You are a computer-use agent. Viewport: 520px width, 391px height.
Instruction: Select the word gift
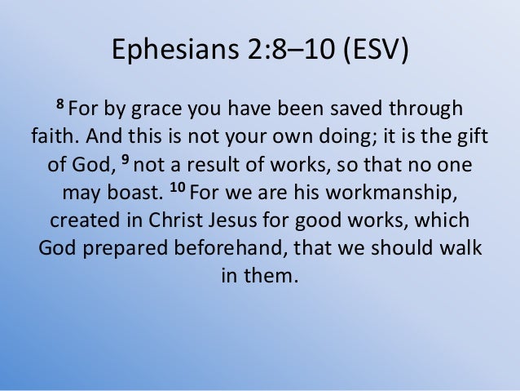pyautogui.click(x=475, y=136)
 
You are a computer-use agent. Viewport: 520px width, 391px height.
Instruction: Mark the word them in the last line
pyautogui.click(x=268, y=276)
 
